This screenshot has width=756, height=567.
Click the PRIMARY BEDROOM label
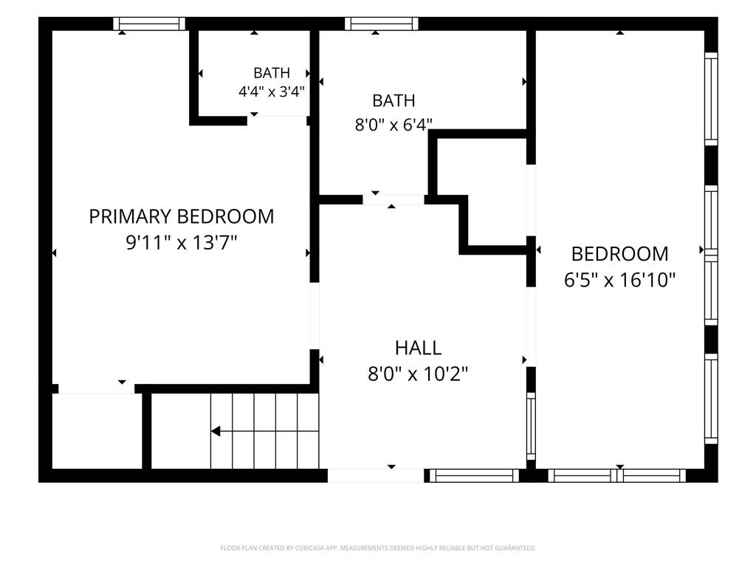click(182, 216)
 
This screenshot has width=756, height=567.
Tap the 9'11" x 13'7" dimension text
click(182, 242)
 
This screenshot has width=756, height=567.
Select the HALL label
click(418, 348)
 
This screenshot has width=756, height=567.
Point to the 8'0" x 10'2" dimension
click(418, 374)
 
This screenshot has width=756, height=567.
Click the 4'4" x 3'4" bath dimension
click(272, 91)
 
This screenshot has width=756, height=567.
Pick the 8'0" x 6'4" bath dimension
click(394, 125)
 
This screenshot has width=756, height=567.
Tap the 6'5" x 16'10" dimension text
click(619, 280)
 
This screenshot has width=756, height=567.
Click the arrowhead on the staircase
click(216, 431)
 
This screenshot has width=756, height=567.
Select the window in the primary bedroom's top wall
click(149, 24)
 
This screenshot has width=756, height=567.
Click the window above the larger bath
click(382, 24)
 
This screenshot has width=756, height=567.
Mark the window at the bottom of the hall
click(474, 476)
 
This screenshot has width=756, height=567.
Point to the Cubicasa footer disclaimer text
click(378, 548)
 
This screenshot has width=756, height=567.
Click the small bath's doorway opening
click(278, 116)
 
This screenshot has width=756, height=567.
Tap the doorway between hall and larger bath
click(394, 199)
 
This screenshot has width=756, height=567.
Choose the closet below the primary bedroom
click(97, 431)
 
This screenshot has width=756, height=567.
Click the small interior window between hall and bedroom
click(531, 426)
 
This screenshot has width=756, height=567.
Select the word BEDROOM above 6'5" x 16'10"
click(619, 254)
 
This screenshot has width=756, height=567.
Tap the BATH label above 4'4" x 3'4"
click(272, 73)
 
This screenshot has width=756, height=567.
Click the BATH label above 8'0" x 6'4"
click(394, 100)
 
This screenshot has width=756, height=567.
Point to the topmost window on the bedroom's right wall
click(711, 99)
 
